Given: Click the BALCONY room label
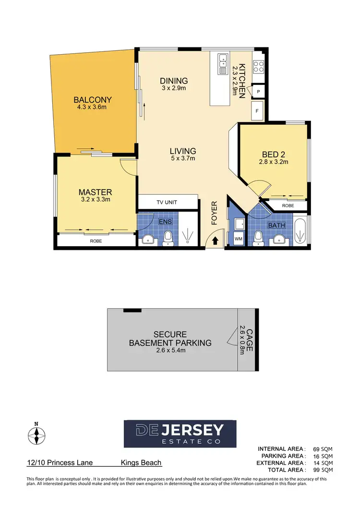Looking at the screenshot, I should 93,100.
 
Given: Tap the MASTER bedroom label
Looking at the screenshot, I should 95,192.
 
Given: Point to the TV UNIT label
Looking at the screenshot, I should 167,202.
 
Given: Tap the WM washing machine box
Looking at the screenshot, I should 238,238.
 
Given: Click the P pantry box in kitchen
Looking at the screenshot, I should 258,91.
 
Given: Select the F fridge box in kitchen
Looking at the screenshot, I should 257,111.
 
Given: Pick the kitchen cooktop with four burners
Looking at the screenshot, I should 258,66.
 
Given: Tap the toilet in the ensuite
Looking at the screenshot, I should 168,237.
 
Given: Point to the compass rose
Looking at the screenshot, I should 36,435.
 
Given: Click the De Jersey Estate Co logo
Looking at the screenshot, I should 180,434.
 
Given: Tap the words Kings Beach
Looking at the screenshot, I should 141,463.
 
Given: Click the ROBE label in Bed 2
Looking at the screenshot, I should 288,205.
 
